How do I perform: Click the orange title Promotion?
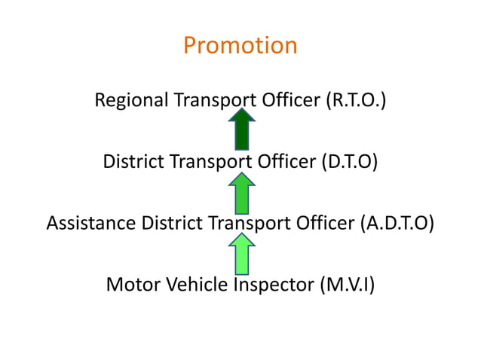click(x=240, y=46)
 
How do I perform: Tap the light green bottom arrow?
click(x=241, y=254)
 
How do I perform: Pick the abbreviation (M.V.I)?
click(x=346, y=285)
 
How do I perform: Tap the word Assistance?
click(x=91, y=224)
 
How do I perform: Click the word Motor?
click(x=130, y=285)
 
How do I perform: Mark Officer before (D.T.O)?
click(x=283, y=162)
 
